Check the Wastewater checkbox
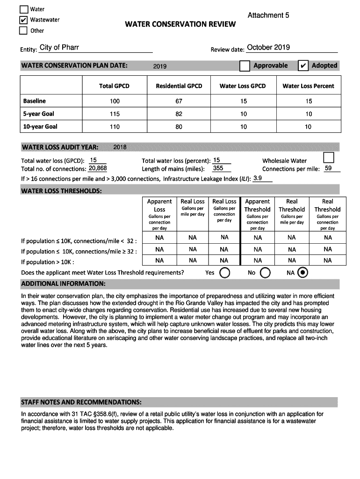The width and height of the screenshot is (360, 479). coord(23,20)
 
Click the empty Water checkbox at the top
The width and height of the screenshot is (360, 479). coord(23,9)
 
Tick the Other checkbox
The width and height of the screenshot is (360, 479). coord(23,31)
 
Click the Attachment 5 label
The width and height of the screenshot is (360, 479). coord(268,15)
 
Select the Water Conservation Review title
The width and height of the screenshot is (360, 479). coord(180,24)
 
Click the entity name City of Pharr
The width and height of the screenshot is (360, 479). coord(59,47)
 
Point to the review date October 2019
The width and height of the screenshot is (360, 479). coord(268,47)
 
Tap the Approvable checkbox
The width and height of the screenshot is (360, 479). coord(245,66)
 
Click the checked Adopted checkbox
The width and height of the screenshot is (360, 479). coord(303,66)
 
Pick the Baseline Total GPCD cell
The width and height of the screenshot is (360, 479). coord(115,101)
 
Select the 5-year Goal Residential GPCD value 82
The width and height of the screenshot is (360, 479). coord(179,114)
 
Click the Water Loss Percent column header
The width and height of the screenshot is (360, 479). coord(308,86)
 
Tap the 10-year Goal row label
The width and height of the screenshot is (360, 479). coord(40,126)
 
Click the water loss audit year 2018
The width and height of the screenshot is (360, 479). coord(120,148)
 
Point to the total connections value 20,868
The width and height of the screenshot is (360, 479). coord(98,169)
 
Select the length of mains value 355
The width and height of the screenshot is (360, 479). coord(218,169)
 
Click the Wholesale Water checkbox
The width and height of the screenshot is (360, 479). coord(329,158)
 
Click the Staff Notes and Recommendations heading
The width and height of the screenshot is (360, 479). coord(81,402)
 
